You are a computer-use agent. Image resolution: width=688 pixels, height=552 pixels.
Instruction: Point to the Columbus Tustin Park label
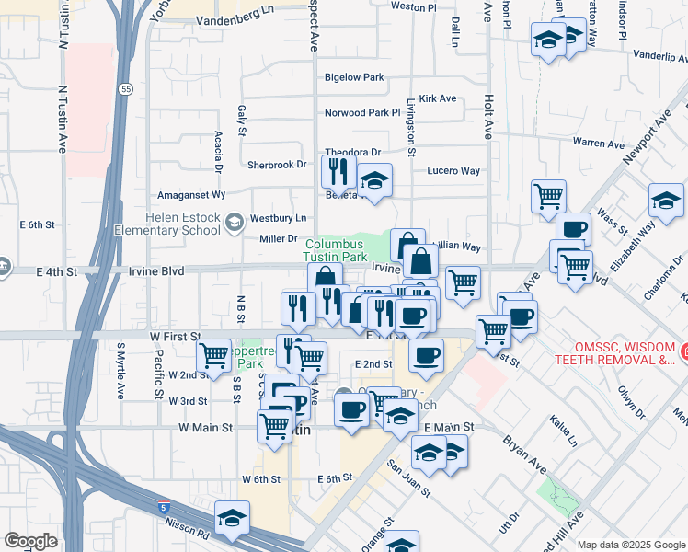(x=337, y=250)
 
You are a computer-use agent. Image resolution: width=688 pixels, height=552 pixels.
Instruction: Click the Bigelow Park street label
(x=353, y=77)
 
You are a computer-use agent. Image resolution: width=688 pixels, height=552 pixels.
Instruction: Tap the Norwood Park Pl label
(x=362, y=113)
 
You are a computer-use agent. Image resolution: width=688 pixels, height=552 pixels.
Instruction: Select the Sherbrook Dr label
(x=276, y=165)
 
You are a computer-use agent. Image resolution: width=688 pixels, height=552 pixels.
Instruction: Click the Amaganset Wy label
(x=191, y=195)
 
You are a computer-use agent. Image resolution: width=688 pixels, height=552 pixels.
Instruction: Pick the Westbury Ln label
(x=279, y=218)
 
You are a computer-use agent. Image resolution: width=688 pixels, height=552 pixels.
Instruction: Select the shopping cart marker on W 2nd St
(x=214, y=355)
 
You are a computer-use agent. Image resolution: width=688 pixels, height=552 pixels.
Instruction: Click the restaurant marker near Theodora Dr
(x=338, y=171)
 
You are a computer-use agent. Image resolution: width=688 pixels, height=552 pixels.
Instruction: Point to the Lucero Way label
(x=453, y=171)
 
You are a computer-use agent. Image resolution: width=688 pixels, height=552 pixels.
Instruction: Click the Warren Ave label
(x=598, y=144)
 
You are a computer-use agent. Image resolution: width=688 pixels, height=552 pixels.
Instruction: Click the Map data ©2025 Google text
(x=630, y=545)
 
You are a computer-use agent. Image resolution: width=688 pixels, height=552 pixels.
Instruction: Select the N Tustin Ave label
(x=63, y=120)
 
